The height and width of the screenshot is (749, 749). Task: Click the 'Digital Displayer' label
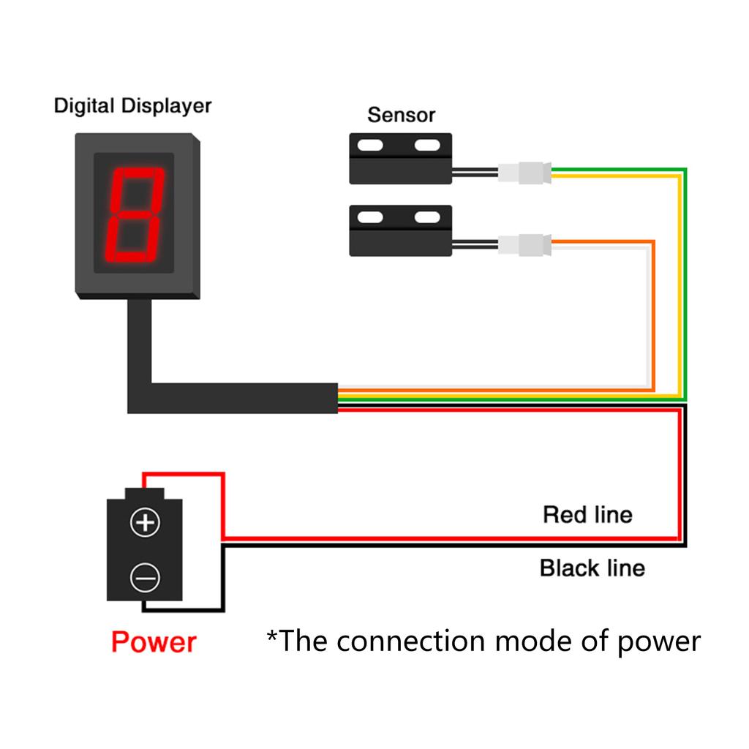[132, 106]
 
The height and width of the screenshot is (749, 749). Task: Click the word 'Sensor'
[401, 115]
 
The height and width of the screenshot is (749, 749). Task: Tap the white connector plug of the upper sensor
[524, 173]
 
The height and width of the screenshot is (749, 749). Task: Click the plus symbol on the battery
[145, 522]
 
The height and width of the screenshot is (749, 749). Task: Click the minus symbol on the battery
[145, 578]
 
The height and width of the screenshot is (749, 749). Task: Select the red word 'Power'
[154, 642]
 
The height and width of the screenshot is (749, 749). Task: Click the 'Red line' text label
[587, 514]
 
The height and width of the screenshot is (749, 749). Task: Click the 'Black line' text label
[592, 568]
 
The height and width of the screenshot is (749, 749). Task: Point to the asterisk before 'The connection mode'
[272, 636]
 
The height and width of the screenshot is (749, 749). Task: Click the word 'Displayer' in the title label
[166, 106]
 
